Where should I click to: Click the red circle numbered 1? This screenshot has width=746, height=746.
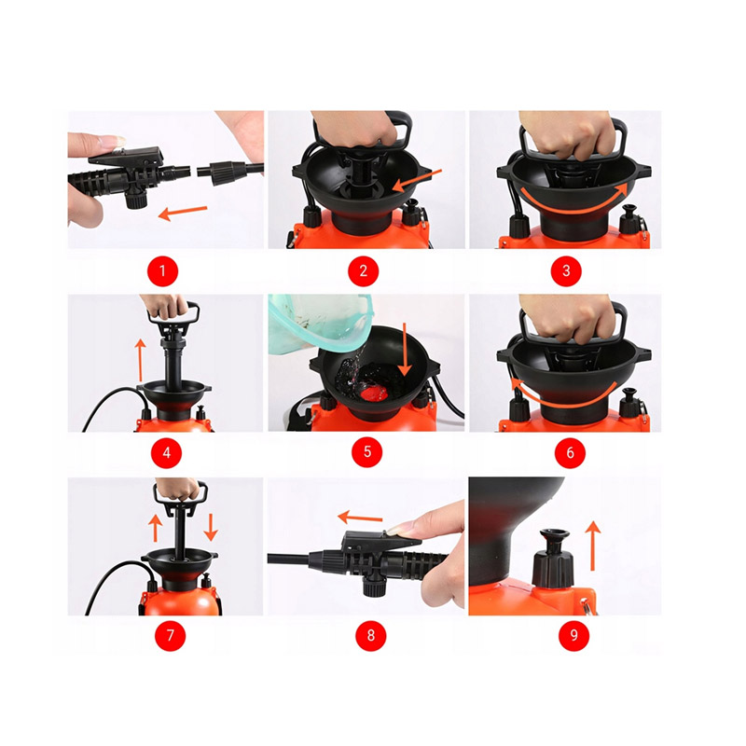(162, 271)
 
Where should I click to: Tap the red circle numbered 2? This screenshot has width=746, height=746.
(363, 271)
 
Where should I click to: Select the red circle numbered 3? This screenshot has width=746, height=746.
(566, 271)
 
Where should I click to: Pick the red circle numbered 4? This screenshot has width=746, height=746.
(167, 452)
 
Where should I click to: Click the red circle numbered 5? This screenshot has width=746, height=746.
(366, 452)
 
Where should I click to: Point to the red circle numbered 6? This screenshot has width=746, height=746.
(570, 452)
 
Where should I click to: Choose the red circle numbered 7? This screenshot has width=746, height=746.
(170, 635)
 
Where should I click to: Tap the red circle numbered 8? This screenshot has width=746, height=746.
(370, 635)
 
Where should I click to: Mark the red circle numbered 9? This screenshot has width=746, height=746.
(573, 635)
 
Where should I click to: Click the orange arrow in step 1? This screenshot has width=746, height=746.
(183, 213)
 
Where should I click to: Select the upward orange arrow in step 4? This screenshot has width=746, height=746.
(139, 360)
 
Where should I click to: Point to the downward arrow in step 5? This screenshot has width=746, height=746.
(405, 350)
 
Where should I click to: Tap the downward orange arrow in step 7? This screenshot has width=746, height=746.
(211, 527)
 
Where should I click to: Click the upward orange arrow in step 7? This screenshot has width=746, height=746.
(155, 528)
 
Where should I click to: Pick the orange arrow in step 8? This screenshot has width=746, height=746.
(360, 518)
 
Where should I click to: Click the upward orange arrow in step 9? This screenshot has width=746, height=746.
(593, 546)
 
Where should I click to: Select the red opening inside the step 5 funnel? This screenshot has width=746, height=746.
(373, 392)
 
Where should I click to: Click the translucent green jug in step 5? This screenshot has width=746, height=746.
(320, 324)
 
